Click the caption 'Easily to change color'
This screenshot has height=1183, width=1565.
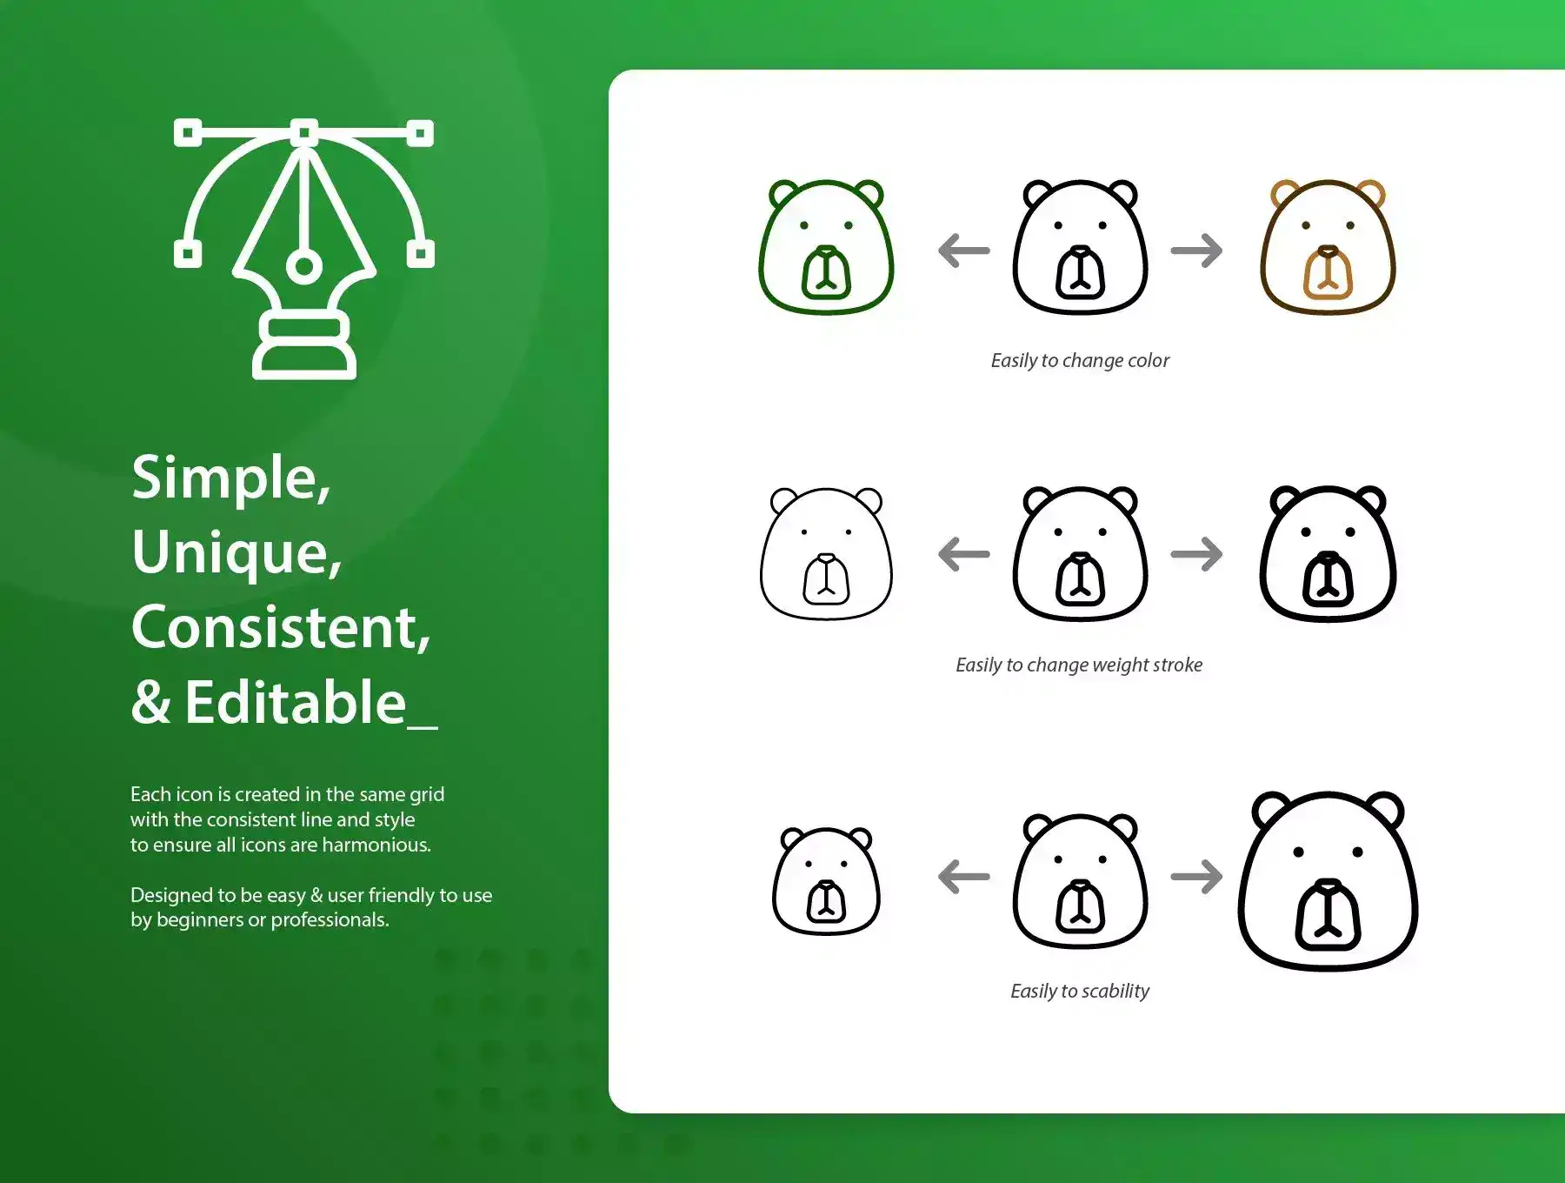pos(1080,360)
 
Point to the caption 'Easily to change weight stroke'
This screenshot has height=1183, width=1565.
pos(1079,665)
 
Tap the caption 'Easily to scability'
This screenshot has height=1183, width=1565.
pos(1080,991)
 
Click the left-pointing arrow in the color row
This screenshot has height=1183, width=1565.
pos(964,251)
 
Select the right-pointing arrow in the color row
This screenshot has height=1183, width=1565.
pos(1196,251)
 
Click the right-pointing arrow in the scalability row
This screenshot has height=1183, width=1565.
pos(1196,876)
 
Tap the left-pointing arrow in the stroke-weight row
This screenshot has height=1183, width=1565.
pos(964,554)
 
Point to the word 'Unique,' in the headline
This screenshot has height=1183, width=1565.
pos(236,553)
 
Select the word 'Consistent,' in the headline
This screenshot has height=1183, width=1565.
pos(281,627)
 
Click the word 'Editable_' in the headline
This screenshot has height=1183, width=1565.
pos(311,702)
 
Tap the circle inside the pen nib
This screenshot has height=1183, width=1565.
pos(303,265)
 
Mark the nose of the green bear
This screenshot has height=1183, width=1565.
pos(826,253)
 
